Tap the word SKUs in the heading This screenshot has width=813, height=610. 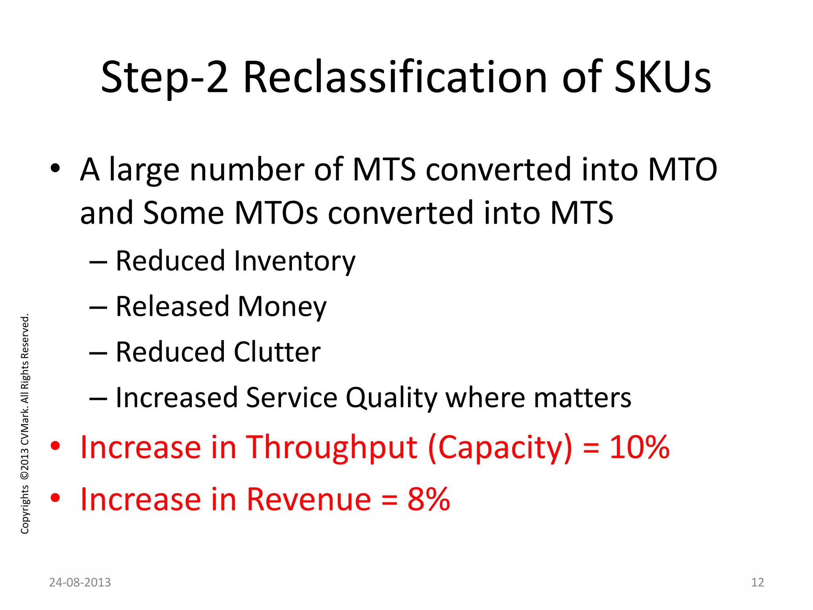tap(662, 77)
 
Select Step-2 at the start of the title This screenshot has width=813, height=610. tap(165, 77)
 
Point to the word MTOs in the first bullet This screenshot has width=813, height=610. tap(276, 213)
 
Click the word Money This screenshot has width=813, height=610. tap(282, 307)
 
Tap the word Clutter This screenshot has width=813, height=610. tap(277, 352)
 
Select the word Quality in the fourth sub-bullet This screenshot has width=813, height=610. tap(391, 398)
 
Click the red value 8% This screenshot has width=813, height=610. tap(429, 499)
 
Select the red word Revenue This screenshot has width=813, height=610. tap(309, 499)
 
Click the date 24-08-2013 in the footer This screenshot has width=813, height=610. tap(80, 582)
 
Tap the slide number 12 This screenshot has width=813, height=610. tap(757, 582)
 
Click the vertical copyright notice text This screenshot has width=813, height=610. tap(25, 423)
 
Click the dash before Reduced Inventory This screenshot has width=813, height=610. tap(98, 262)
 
